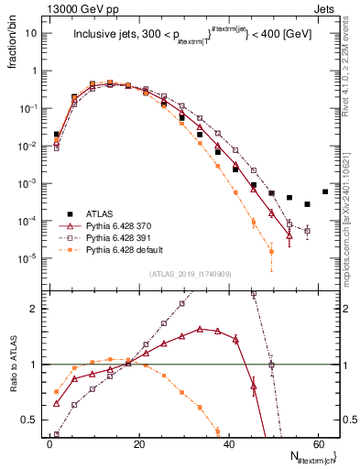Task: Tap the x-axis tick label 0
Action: tap(49, 444)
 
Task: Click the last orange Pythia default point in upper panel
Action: tap(271, 250)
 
